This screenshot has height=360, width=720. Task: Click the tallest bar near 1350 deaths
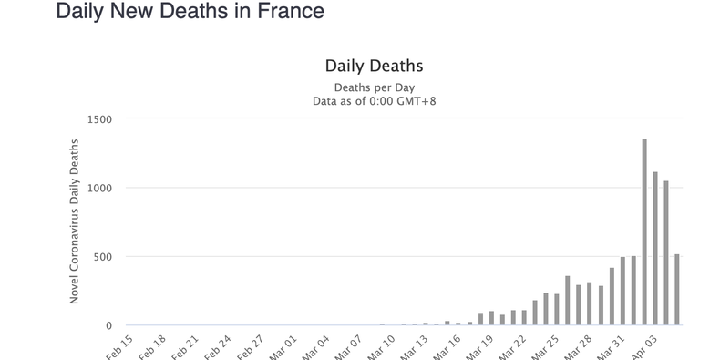pos(644,232)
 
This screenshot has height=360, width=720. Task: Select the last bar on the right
pos(677,290)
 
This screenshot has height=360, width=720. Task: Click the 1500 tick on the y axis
pos(99,119)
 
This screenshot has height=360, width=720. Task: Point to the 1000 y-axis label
pos(99,188)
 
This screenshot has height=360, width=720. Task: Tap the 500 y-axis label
pos(103,257)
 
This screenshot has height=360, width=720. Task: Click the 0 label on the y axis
pos(108,325)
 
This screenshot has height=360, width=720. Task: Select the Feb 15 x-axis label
pos(121,346)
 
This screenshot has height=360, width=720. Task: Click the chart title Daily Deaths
pos(374,67)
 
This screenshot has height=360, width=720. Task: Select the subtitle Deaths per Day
pos(374,87)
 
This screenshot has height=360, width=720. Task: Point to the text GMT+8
pos(417,100)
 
